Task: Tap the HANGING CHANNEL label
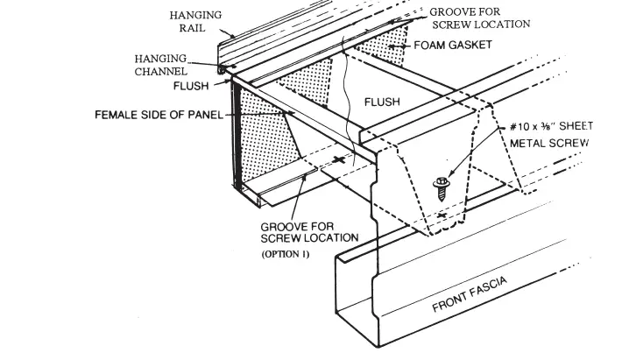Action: click(160, 64)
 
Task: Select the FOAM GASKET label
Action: click(453, 45)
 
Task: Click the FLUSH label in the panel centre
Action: click(382, 102)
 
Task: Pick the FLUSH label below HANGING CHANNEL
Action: click(191, 87)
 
